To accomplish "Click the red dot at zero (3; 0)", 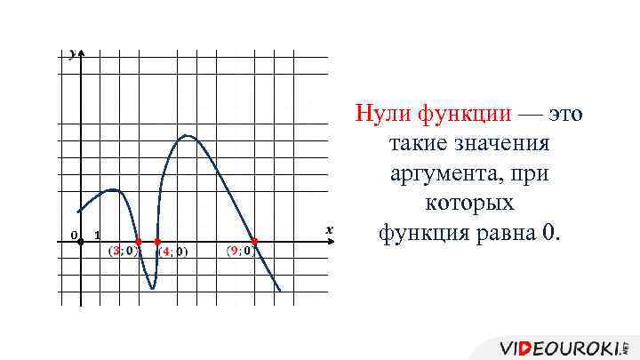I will (138, 242).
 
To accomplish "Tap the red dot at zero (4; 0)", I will (157, 242).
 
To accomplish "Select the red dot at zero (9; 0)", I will (254, 242).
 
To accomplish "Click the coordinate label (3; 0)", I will (122, 251).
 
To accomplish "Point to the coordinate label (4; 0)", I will (173, 252).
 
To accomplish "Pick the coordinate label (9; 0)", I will (241, 251).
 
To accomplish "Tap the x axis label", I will (329, 230).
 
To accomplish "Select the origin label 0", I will (74, 235).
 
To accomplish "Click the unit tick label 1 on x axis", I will (97, 235).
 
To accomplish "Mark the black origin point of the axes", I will (81, 242).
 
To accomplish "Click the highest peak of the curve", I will (187, 135).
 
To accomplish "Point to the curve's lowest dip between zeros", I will (153, 288).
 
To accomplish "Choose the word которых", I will (469, 204).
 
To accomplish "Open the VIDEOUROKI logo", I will (564, 346).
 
